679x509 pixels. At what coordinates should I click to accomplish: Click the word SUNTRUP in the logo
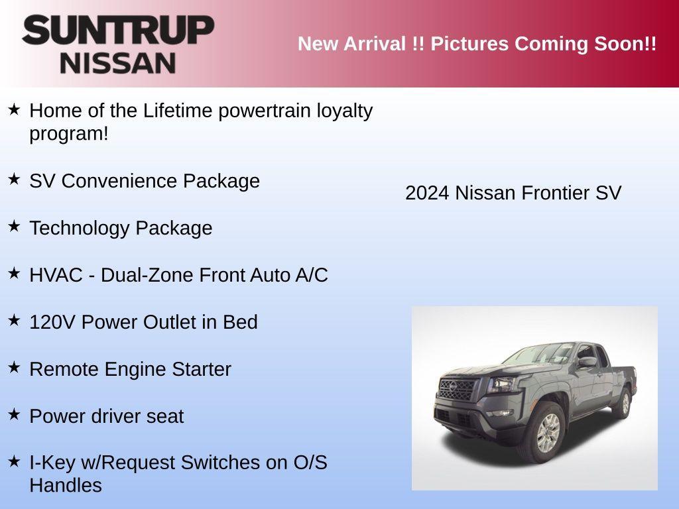pos(118,30)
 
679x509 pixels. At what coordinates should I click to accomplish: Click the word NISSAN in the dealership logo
pos(118,63)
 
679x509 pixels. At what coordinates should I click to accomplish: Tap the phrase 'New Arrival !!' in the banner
pos(361,44)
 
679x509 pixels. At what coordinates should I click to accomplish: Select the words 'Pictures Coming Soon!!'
pos(544,44)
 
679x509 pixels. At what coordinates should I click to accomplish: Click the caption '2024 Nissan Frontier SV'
pos(513,193)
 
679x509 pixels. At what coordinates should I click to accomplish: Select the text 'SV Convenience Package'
pos(145,181)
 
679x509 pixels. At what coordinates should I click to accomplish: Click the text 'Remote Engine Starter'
pos(130,369)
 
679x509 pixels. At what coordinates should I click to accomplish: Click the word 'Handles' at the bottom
pos(66,485)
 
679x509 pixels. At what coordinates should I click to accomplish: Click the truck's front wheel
pos(548,433)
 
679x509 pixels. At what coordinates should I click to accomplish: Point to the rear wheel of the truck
pos(624,402)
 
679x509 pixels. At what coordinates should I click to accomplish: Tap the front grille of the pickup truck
pos(458,389)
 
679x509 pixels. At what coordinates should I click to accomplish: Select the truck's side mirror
pos(587,362)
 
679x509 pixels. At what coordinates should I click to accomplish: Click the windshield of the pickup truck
pos(544,354)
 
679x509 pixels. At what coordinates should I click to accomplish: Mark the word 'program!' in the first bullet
pos(68,133)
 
